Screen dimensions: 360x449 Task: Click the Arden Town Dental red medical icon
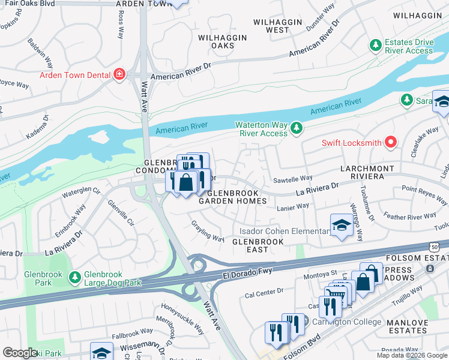[x=120, y=75]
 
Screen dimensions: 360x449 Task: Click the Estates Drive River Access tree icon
[x=376, y=46]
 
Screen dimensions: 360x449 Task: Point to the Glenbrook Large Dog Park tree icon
[x=74, y=278]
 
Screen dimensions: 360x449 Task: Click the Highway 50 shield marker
[x=442, y=247]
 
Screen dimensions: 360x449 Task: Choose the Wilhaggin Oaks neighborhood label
[x=222, y=41]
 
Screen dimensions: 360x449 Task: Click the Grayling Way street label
[x=208, y=231]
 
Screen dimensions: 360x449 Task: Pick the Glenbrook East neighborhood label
[x=258, y=245]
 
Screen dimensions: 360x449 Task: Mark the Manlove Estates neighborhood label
[x=408, y=326]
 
